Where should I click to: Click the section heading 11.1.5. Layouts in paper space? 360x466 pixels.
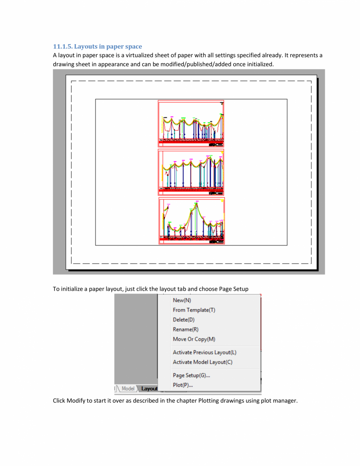[x=98, y=47]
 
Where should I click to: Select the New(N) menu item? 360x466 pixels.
[x=182, y=300]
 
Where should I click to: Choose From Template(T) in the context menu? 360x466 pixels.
[x=194, y=310]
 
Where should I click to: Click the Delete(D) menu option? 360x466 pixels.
[x=184, y=320]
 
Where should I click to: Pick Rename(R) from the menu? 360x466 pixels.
[x=185, y=329]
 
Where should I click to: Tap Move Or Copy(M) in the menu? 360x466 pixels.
[x=194, y=339]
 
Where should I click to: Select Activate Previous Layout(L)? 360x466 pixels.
[x=204, y=353]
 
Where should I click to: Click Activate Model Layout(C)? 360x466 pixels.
[x=203, y=362]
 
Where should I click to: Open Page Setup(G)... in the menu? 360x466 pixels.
[x=192, y=376]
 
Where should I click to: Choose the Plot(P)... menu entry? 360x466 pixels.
[x=183, y=385]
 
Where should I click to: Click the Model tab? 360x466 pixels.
[x=128, y=389]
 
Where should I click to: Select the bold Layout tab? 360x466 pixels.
[x=149, y=389]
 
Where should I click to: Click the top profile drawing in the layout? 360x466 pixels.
[x=191, y=123]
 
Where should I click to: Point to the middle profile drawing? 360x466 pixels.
[x=191, y=172]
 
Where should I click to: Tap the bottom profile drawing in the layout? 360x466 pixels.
[x=192, y=221]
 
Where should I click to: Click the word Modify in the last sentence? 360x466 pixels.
[x=76, y=401]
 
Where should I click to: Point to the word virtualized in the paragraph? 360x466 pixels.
[x=148, y=55]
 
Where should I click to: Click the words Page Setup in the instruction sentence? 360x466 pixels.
[x=233, y=289]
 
